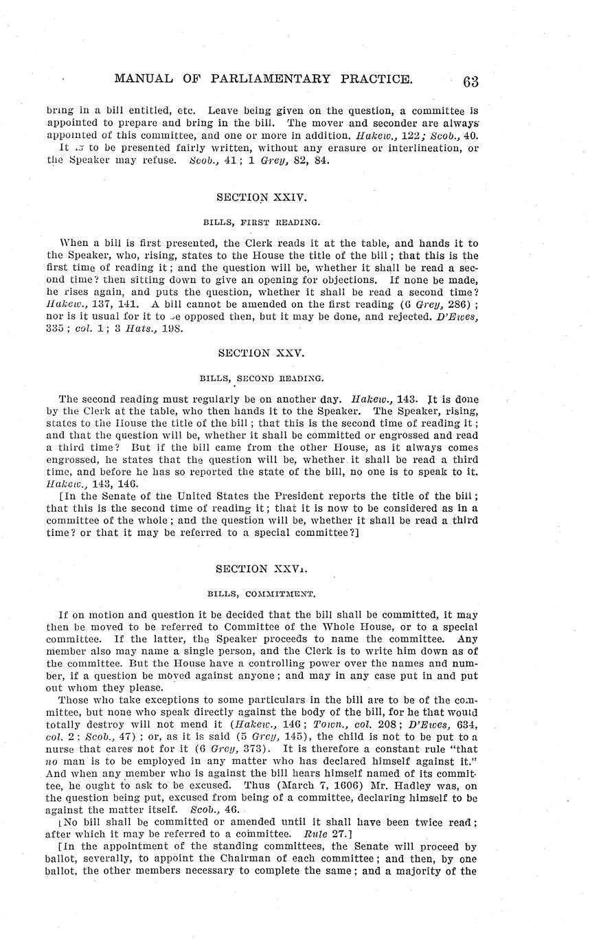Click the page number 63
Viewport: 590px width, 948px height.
tap(470, 82)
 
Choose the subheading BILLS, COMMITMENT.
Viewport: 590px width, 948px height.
tap(261, 593)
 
